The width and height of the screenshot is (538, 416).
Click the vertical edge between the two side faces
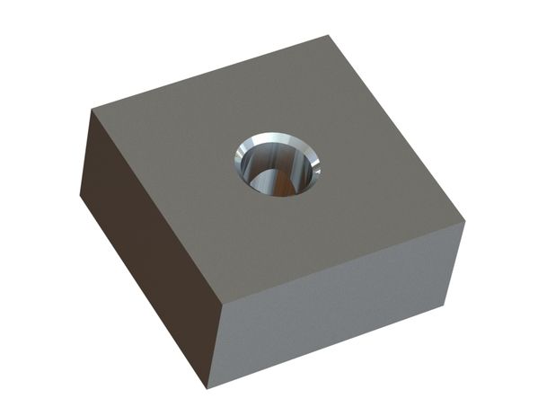coord(215,346)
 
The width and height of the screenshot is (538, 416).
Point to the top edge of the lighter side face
coord(341,263)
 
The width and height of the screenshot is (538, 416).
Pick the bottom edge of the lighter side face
coord(332,342)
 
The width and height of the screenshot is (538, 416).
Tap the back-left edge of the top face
coord(209,73)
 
